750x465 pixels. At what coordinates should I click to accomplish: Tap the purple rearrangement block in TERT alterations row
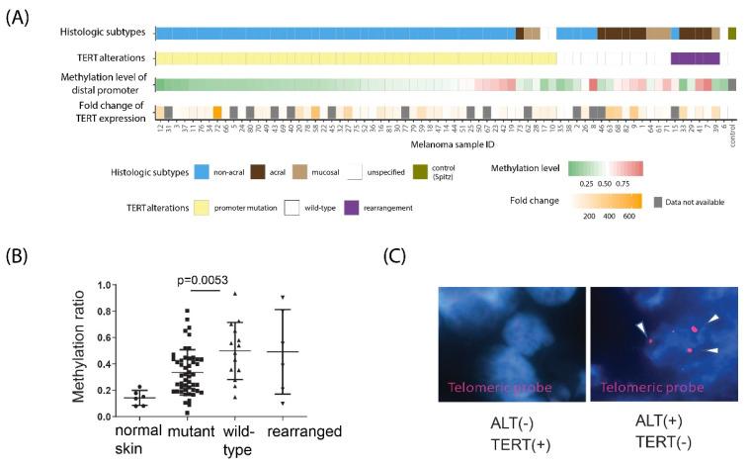pyautogui.click(x=695, y=58)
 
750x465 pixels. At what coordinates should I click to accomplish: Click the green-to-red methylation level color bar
pyautogui.click(x=606, y=168)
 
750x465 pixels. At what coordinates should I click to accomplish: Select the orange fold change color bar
pyautogui.click(x=606, y=200)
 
